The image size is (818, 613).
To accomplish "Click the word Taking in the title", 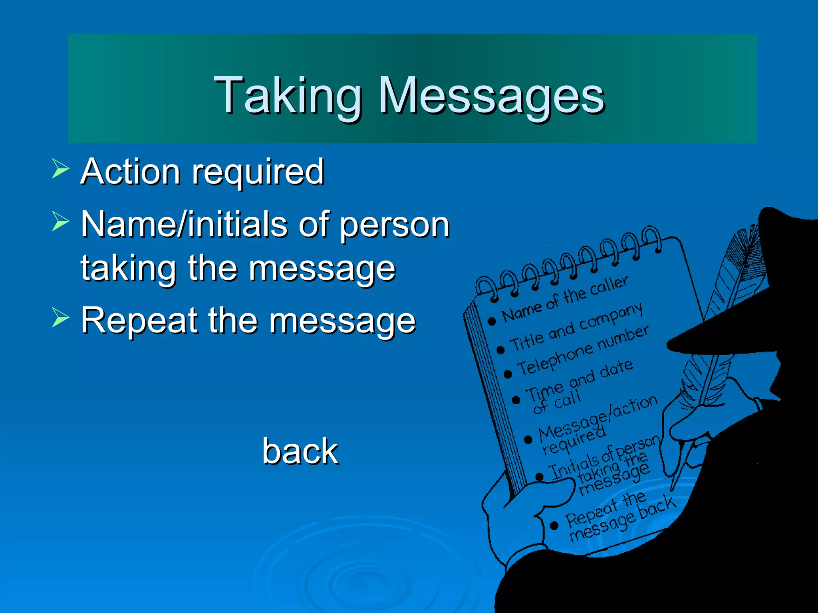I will tap(288, 96).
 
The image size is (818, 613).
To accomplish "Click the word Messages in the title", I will tap(491, 96).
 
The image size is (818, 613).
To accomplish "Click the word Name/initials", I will tap(184, 224).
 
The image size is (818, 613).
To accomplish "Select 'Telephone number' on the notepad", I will tap(583, 351).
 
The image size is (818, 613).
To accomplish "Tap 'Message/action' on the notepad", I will tap(598, 417).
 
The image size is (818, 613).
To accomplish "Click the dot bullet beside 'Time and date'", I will tap(516, 399).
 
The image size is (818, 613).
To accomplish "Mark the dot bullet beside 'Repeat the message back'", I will tap(554, 526).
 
